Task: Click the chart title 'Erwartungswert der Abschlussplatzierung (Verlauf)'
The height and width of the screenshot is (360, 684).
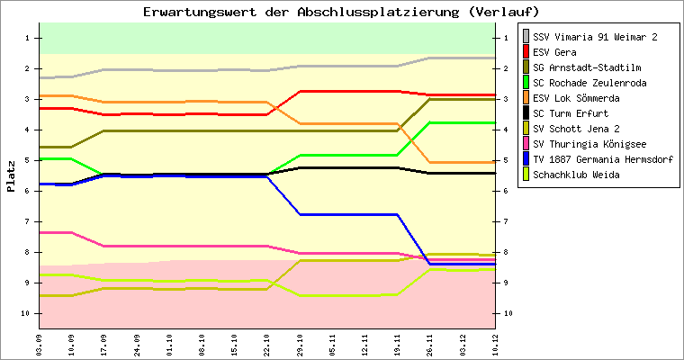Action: (341, 12)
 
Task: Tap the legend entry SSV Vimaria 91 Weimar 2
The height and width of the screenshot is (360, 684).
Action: (595, 37)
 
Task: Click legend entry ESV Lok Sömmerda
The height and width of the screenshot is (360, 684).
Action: (576, 98)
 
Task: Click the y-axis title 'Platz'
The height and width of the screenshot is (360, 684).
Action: (11, 176)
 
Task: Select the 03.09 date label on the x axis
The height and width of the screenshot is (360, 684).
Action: (39, 343)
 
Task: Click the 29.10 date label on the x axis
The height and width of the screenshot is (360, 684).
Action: (299, 343)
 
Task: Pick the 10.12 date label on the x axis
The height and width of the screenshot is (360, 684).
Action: (494, 343)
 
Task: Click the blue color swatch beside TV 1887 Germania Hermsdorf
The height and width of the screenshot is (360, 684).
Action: (526, 159)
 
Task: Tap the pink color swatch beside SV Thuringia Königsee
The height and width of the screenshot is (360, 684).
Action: (526, 144)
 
